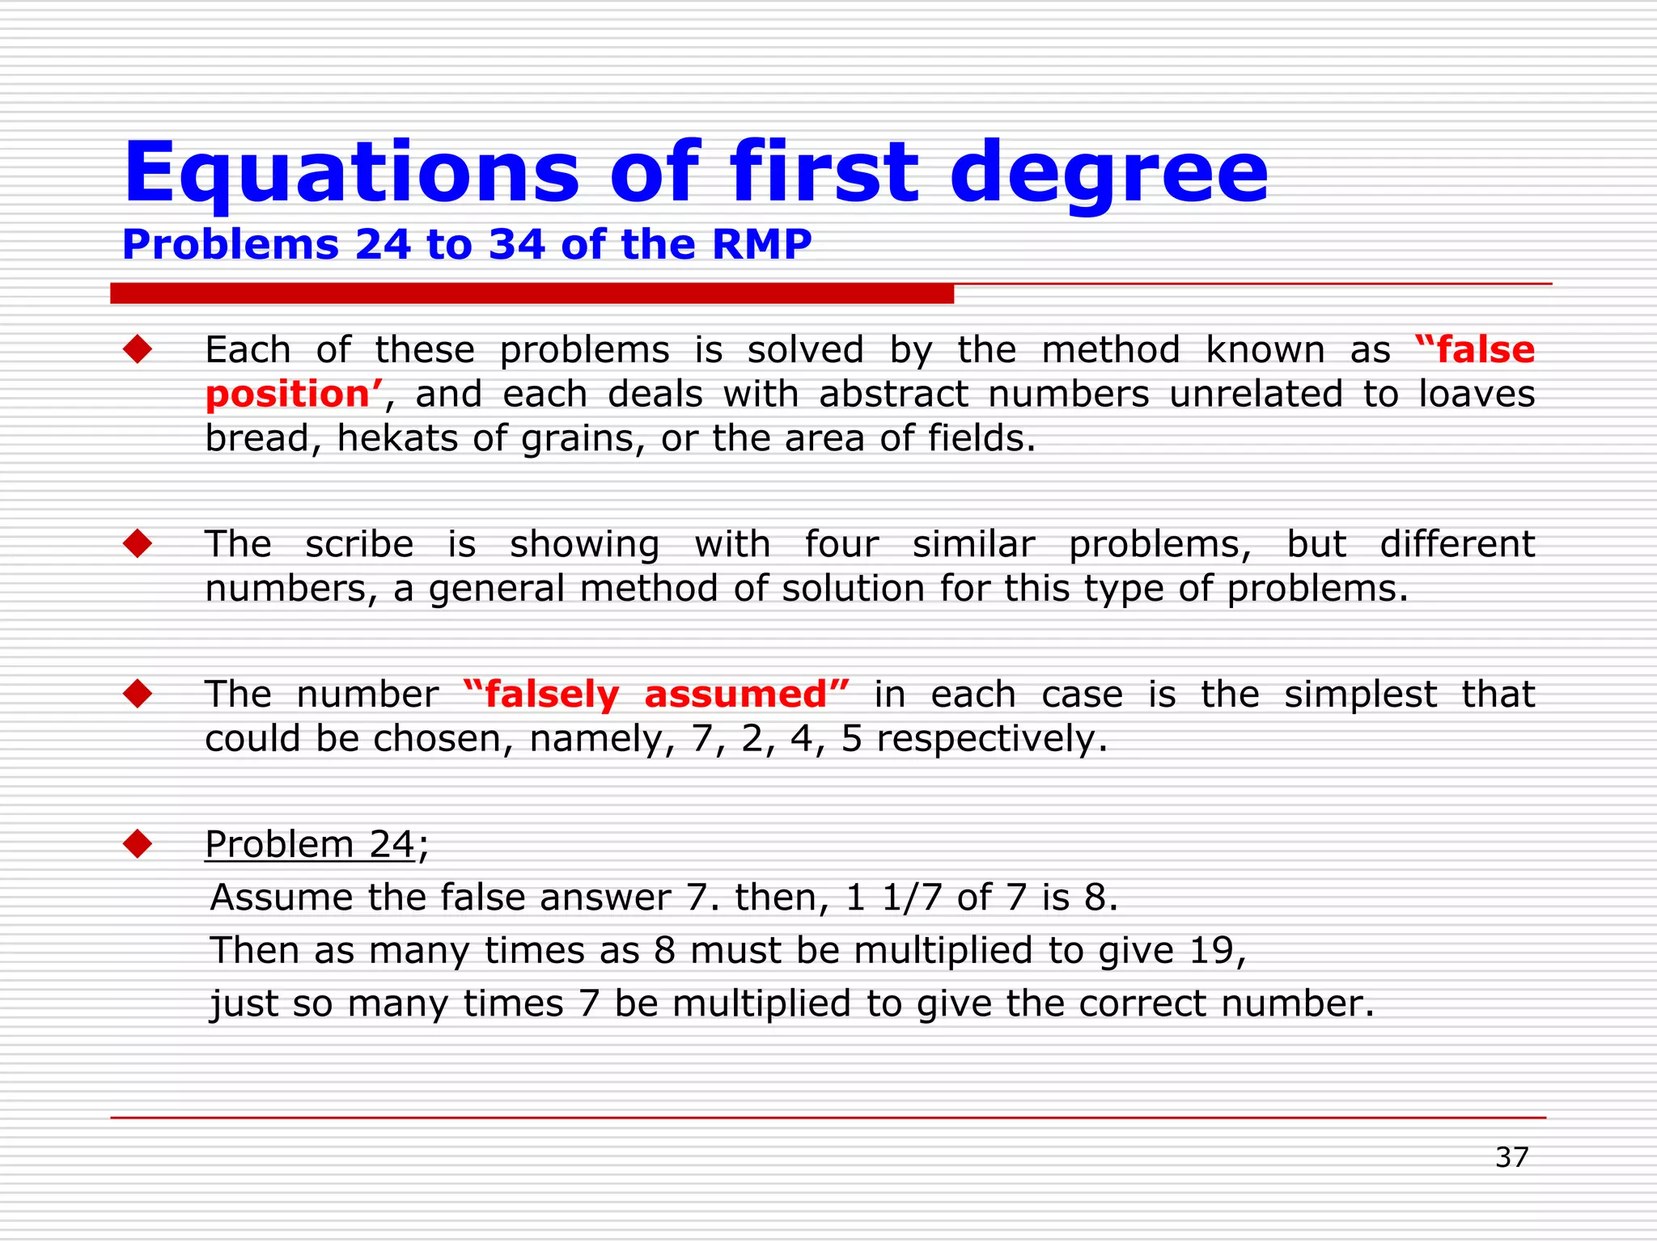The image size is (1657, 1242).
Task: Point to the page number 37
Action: pyautogui.click(x=1511, y=1157)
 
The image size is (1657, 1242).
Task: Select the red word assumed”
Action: pyautogui.click(x=746, y=695)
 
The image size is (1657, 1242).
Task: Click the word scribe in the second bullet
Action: pyautogui.click(x=359, y=544)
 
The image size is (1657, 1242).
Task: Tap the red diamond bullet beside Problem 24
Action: pyautogui.click(x=138, y=844)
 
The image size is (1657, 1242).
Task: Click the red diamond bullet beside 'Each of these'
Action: pyautogui.click(x=138, y=350)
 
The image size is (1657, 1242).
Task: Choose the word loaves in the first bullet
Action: pyautogui.click(x=1477, y=395)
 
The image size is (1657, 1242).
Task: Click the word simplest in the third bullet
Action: pyautogui.click(x=1360, y=695)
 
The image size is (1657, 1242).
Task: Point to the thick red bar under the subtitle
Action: pyautogui.click(x=532, y=294)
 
